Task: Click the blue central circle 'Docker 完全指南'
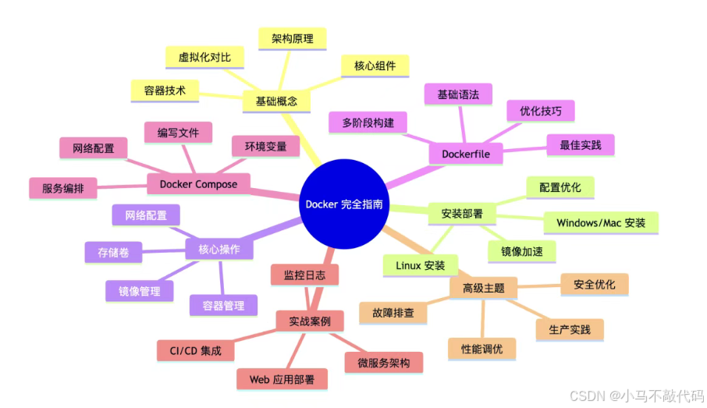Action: pyautogui.click(x=344, y=204)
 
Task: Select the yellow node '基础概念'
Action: pyautogui.click(x=276, y=101)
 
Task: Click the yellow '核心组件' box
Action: pyautogui.click(x=375, y=66)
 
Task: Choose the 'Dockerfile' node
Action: pyautogui.click(x=466, y=154)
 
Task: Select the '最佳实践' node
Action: pyautogui.click(x=581, y=144)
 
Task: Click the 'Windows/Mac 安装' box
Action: pyautogui.click(x=601, y=222)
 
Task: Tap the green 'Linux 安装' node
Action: pyautogui.click(x=420, y=265)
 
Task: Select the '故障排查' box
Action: pyautogui.click(x=393, y=313)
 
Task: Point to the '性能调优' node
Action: pyautogui.click(x=482, y=349)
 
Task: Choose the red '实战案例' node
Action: pyautogui.click(x=310, y=321)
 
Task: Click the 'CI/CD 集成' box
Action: pyautogui.click(x=195, y=350)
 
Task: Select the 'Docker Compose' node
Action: pyautogui.click(x=198, y=183)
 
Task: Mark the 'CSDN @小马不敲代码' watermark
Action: pyautogui.click(x=635, y=396)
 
